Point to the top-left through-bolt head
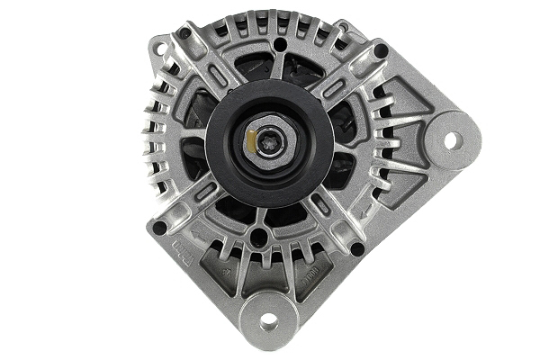click(184, 33)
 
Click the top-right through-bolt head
click(381, 50)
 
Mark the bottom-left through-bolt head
click(160, 228)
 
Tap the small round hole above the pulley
click(280, 44)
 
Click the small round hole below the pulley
click(259, 238)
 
